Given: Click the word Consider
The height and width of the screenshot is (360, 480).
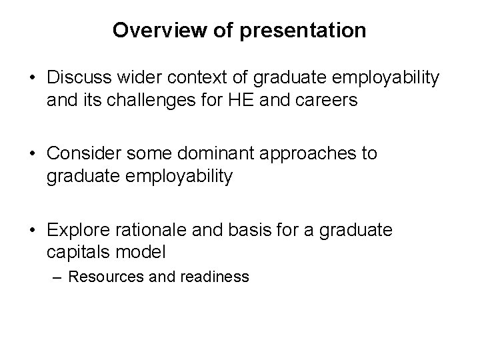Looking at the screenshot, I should click(x=82, y=154).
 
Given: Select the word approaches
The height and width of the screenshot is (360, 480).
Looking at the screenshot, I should click(x=308, y=154).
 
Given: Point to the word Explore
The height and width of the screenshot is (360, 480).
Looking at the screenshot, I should click(x=77, y=230).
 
